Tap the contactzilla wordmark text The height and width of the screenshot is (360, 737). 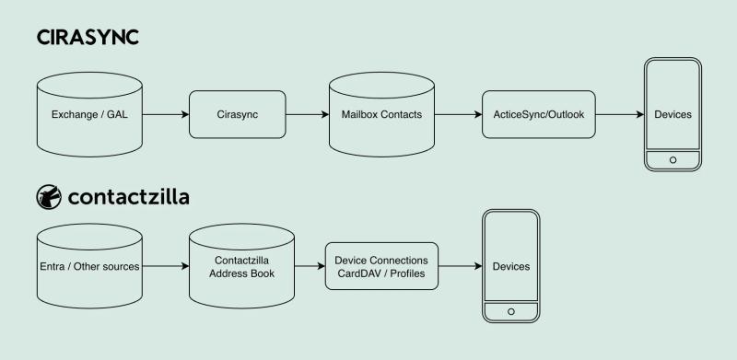pos(129,197)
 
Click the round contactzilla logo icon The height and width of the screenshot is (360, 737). pos(48,197)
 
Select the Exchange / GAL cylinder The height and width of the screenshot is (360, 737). pos(89,115)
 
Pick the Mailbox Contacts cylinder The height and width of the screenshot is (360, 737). pos(381,115)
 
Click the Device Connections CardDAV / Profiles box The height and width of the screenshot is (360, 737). pos(382,267)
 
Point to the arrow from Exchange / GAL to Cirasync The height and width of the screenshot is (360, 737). pos(166,115)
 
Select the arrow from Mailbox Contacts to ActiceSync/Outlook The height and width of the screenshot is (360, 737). pos(457,115)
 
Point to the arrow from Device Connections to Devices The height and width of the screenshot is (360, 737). pos(462,267)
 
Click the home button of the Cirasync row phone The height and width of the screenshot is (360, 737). pos(673,158)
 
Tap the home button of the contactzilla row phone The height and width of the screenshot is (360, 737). pos(511,309)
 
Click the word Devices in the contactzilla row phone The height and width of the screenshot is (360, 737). pos(511,266)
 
